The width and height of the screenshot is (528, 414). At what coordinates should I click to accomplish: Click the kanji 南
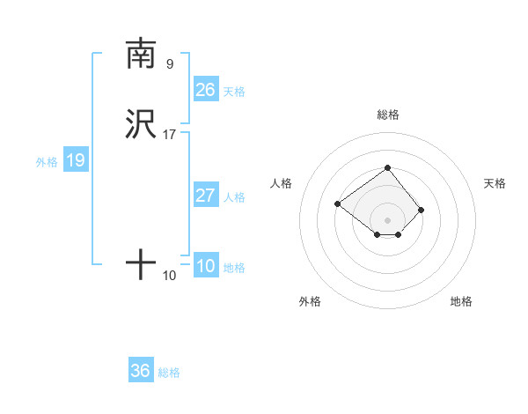click(141, 54)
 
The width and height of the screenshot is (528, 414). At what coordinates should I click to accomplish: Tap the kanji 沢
click(141, 124)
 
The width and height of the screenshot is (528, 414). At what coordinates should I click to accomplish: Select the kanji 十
click(141, 264)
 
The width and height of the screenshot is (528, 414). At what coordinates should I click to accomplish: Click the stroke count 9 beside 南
click(170, 63)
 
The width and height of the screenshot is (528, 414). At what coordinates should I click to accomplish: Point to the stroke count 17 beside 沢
click(170, 135)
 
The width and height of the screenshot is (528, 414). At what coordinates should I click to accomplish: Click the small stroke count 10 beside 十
click(170, 276)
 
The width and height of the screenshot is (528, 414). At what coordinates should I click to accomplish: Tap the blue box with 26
click(206, 90)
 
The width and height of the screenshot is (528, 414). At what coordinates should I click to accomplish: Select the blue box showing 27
click(206, 196)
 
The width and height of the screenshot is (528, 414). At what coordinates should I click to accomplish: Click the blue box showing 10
click(206, 266)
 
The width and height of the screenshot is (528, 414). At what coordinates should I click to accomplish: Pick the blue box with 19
click(76, 160)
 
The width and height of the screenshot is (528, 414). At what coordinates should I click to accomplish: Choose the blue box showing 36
click(141, 371)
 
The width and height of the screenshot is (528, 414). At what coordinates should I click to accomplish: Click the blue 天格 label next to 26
click(234, 92)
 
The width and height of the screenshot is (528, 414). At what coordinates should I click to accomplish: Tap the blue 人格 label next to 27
click(234, 197)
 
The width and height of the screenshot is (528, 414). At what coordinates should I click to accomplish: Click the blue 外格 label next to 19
click(47, 162)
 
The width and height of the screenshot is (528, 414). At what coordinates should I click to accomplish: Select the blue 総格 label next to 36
click(169, 373)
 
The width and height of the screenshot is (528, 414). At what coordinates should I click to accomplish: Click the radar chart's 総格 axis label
click(387, 115)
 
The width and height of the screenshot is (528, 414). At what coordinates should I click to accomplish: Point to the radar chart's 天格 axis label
click(495, 183)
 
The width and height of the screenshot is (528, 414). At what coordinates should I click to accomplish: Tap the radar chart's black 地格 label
click(461, 301)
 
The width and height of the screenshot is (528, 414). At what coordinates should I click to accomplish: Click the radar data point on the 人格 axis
click(337, 204)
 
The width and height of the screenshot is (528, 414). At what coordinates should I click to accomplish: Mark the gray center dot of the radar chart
click(387, 220)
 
